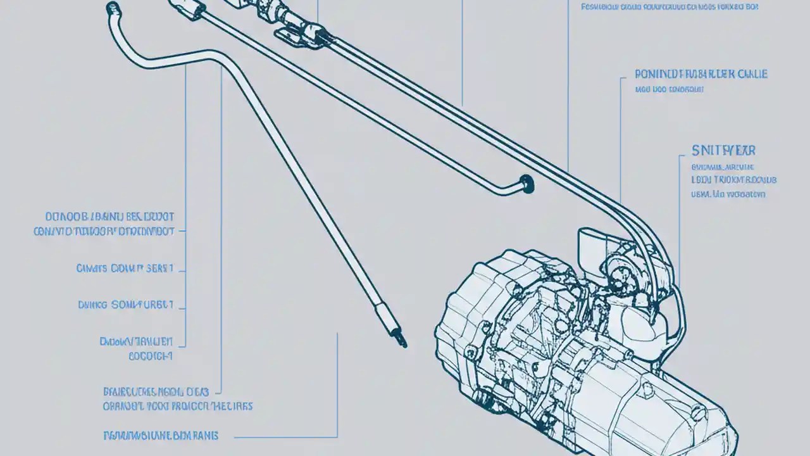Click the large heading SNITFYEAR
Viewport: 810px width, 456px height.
click(723, 151)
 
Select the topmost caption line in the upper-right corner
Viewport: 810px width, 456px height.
click(670, 7)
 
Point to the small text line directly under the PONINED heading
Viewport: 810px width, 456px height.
click(670, 90)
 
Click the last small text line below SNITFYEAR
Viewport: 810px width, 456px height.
click(728, 194)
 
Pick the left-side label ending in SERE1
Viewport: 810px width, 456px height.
click(125, 269)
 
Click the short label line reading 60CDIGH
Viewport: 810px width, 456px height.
click(150, 356)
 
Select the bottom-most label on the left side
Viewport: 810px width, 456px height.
click(161, 435)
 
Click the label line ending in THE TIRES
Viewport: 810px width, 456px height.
click(178, 405)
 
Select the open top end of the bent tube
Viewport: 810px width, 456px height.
click(113, 8)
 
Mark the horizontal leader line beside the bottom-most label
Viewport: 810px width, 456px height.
click(285, 436)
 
